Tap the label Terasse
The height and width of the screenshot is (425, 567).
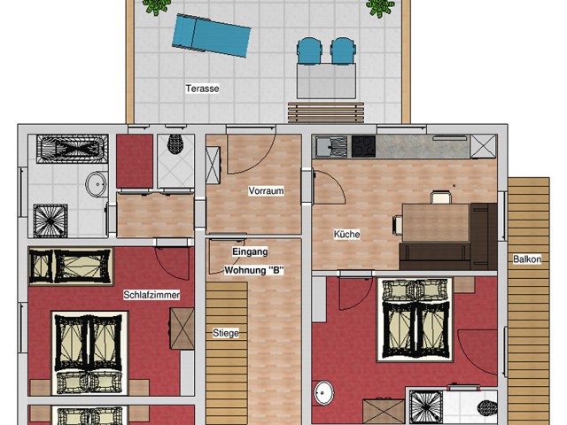(x=202, y=89)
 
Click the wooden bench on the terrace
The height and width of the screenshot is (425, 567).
(x=325, y=112)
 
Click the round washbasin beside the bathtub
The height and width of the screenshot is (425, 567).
(x=96, y=184)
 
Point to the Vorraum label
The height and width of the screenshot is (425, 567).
(x=266, y=191)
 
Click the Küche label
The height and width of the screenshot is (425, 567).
(x=346, y=235)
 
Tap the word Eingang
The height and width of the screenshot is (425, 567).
(x=250, y=252)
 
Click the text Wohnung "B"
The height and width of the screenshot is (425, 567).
(x=254, y=270)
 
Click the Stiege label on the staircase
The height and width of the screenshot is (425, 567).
(x=226, y=334)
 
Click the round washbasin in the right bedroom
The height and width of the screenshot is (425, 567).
(x=325, y=392)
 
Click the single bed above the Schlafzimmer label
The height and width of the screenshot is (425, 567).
(x=71, y=266)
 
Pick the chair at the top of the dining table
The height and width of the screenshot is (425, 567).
(x=440, y=197)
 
